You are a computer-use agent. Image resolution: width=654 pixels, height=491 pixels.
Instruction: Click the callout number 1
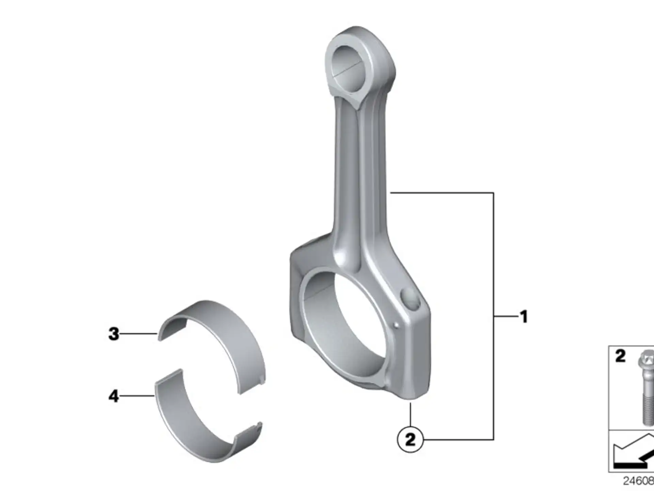(524, 317)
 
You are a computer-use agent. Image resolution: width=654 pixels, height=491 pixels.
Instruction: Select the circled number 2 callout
(410, 440)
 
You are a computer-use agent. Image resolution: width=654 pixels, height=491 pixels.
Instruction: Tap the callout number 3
(114, 334)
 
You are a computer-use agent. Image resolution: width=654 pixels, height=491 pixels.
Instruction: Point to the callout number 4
(114, 396)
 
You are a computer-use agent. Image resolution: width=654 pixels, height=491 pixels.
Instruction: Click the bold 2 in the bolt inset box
(620, 356)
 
